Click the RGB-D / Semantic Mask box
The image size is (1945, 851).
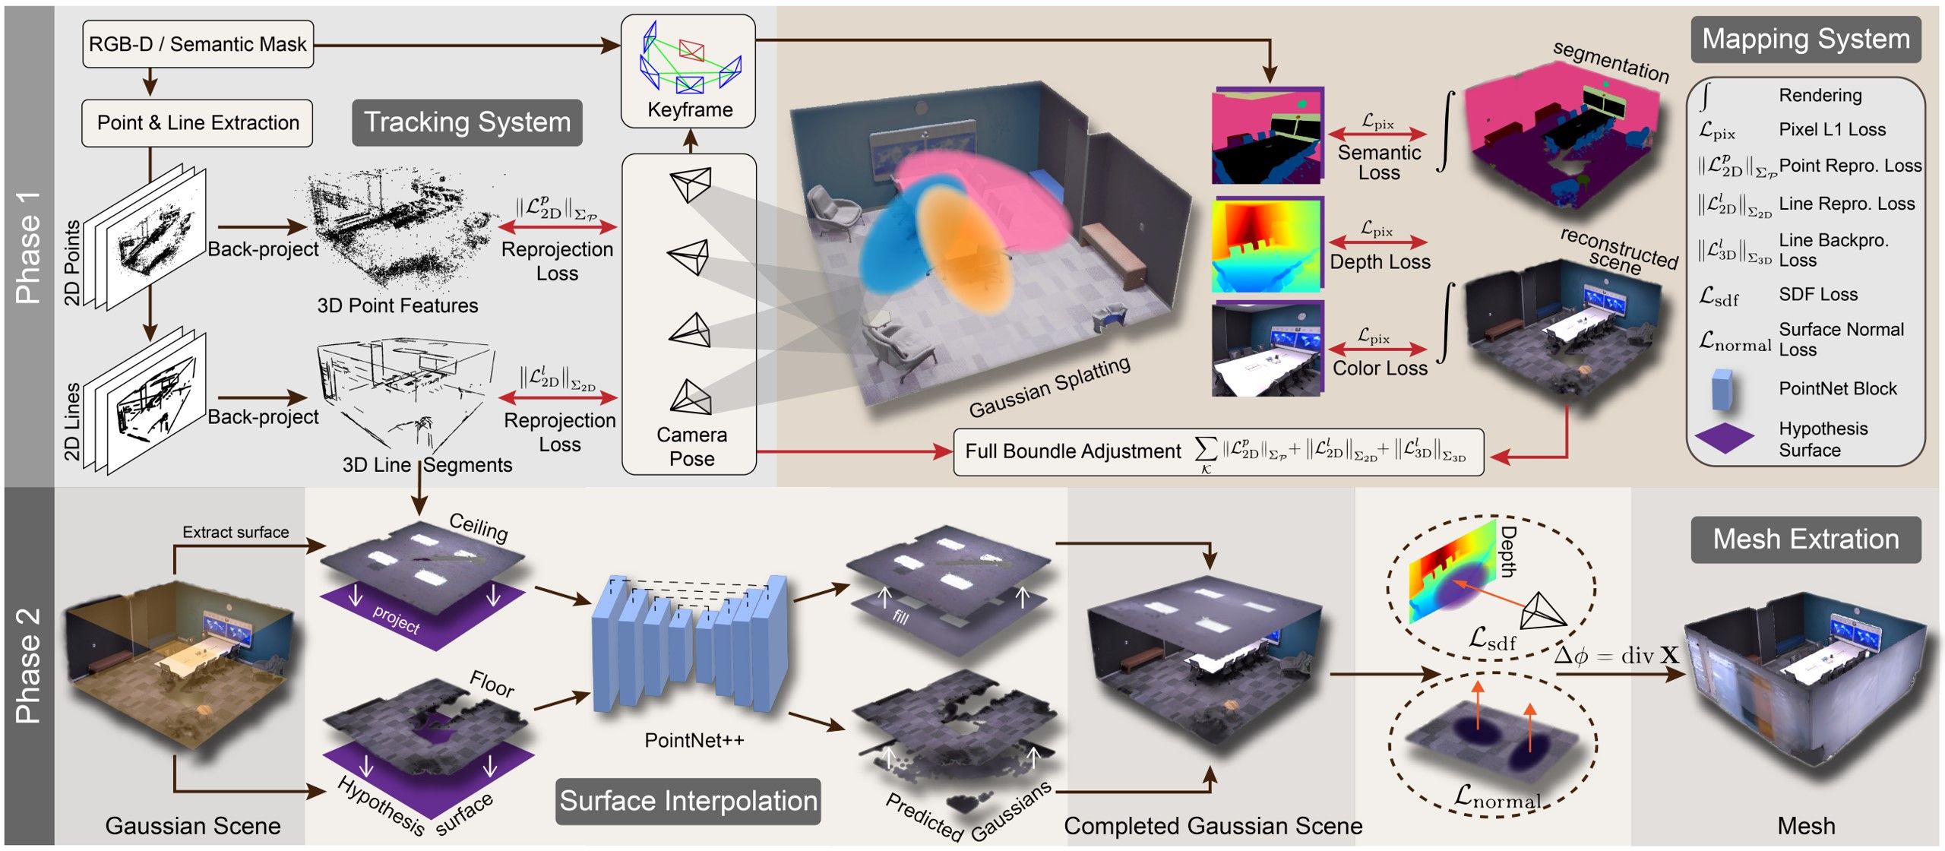198,44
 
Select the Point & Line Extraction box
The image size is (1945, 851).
198,123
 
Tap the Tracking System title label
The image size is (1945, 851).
467,122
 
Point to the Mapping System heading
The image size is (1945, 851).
1805,39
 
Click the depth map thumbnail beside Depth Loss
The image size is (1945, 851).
1267,244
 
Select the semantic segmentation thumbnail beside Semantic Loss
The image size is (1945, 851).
1267,137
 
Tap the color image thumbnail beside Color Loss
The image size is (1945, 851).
1267,350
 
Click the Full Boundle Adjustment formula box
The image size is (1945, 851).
1218,453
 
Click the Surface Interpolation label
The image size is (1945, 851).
688,801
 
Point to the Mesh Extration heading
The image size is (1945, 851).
1805,539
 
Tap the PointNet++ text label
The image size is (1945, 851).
694,740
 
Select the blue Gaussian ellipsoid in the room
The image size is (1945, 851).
893,236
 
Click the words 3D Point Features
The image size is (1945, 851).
397,305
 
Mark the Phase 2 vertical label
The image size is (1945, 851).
28,666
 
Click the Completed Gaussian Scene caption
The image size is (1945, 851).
1213,826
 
